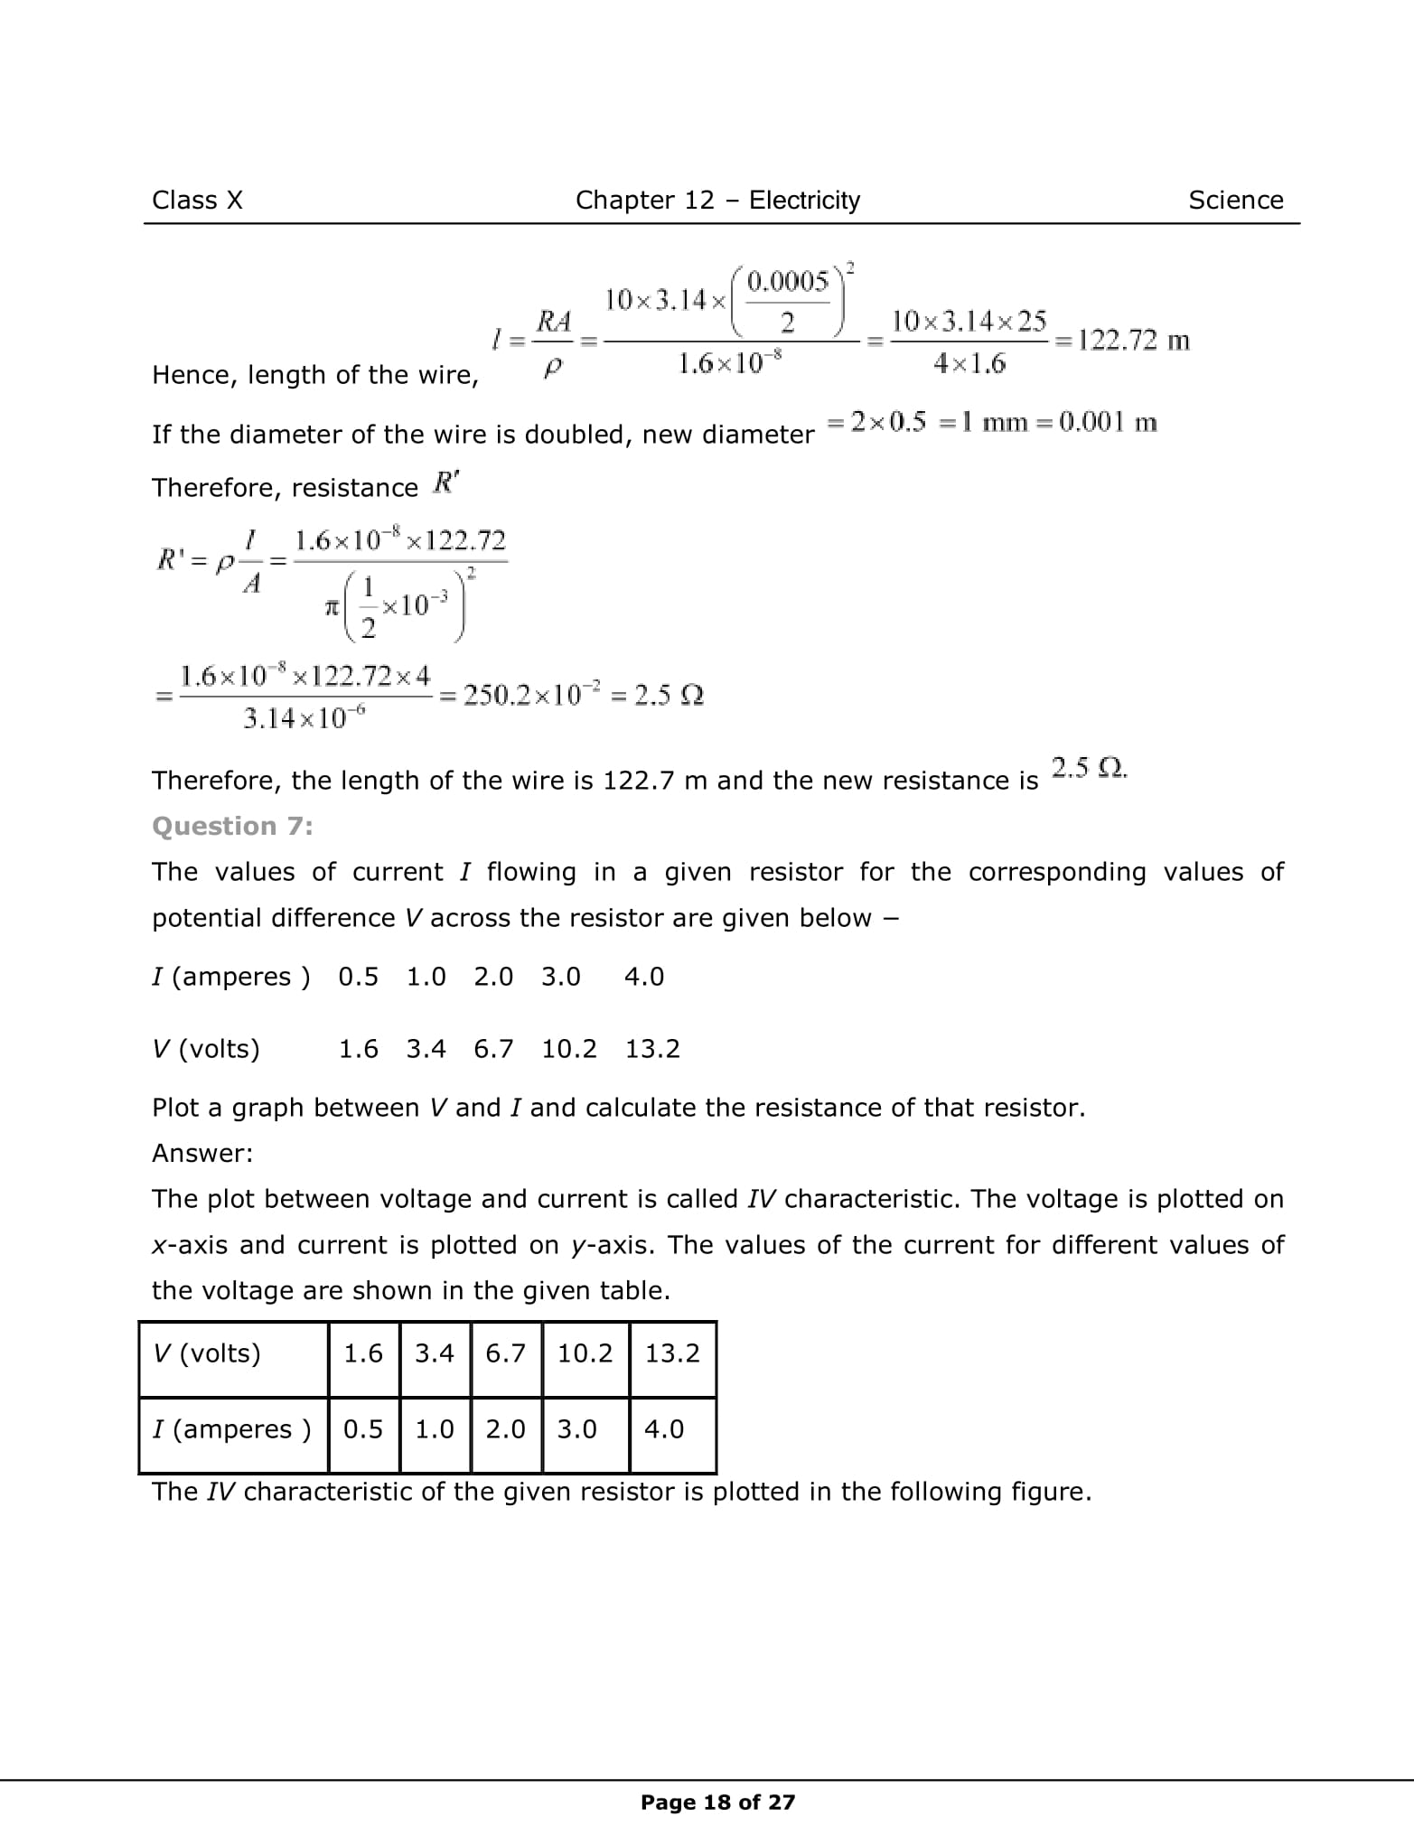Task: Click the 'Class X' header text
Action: (x=197, y=200)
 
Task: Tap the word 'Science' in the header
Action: (x=1235, y=200)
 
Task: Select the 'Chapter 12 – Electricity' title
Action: (x=717, y=200)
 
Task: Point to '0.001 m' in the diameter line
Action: (x=1108, y=422)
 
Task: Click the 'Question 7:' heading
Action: (x=232, y=826)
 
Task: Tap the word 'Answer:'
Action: (x=202, y=1153)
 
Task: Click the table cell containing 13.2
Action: (x=672, y=1353)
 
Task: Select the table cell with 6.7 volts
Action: (x=505, y=1353)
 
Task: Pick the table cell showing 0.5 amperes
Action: (x=363, y=1428)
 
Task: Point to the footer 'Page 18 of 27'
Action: (x=717, y=1802)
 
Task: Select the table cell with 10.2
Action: (x=585, y=1353)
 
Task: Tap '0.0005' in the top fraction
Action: (x=787, y=282)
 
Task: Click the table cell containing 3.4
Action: (x=434, y=1353)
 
